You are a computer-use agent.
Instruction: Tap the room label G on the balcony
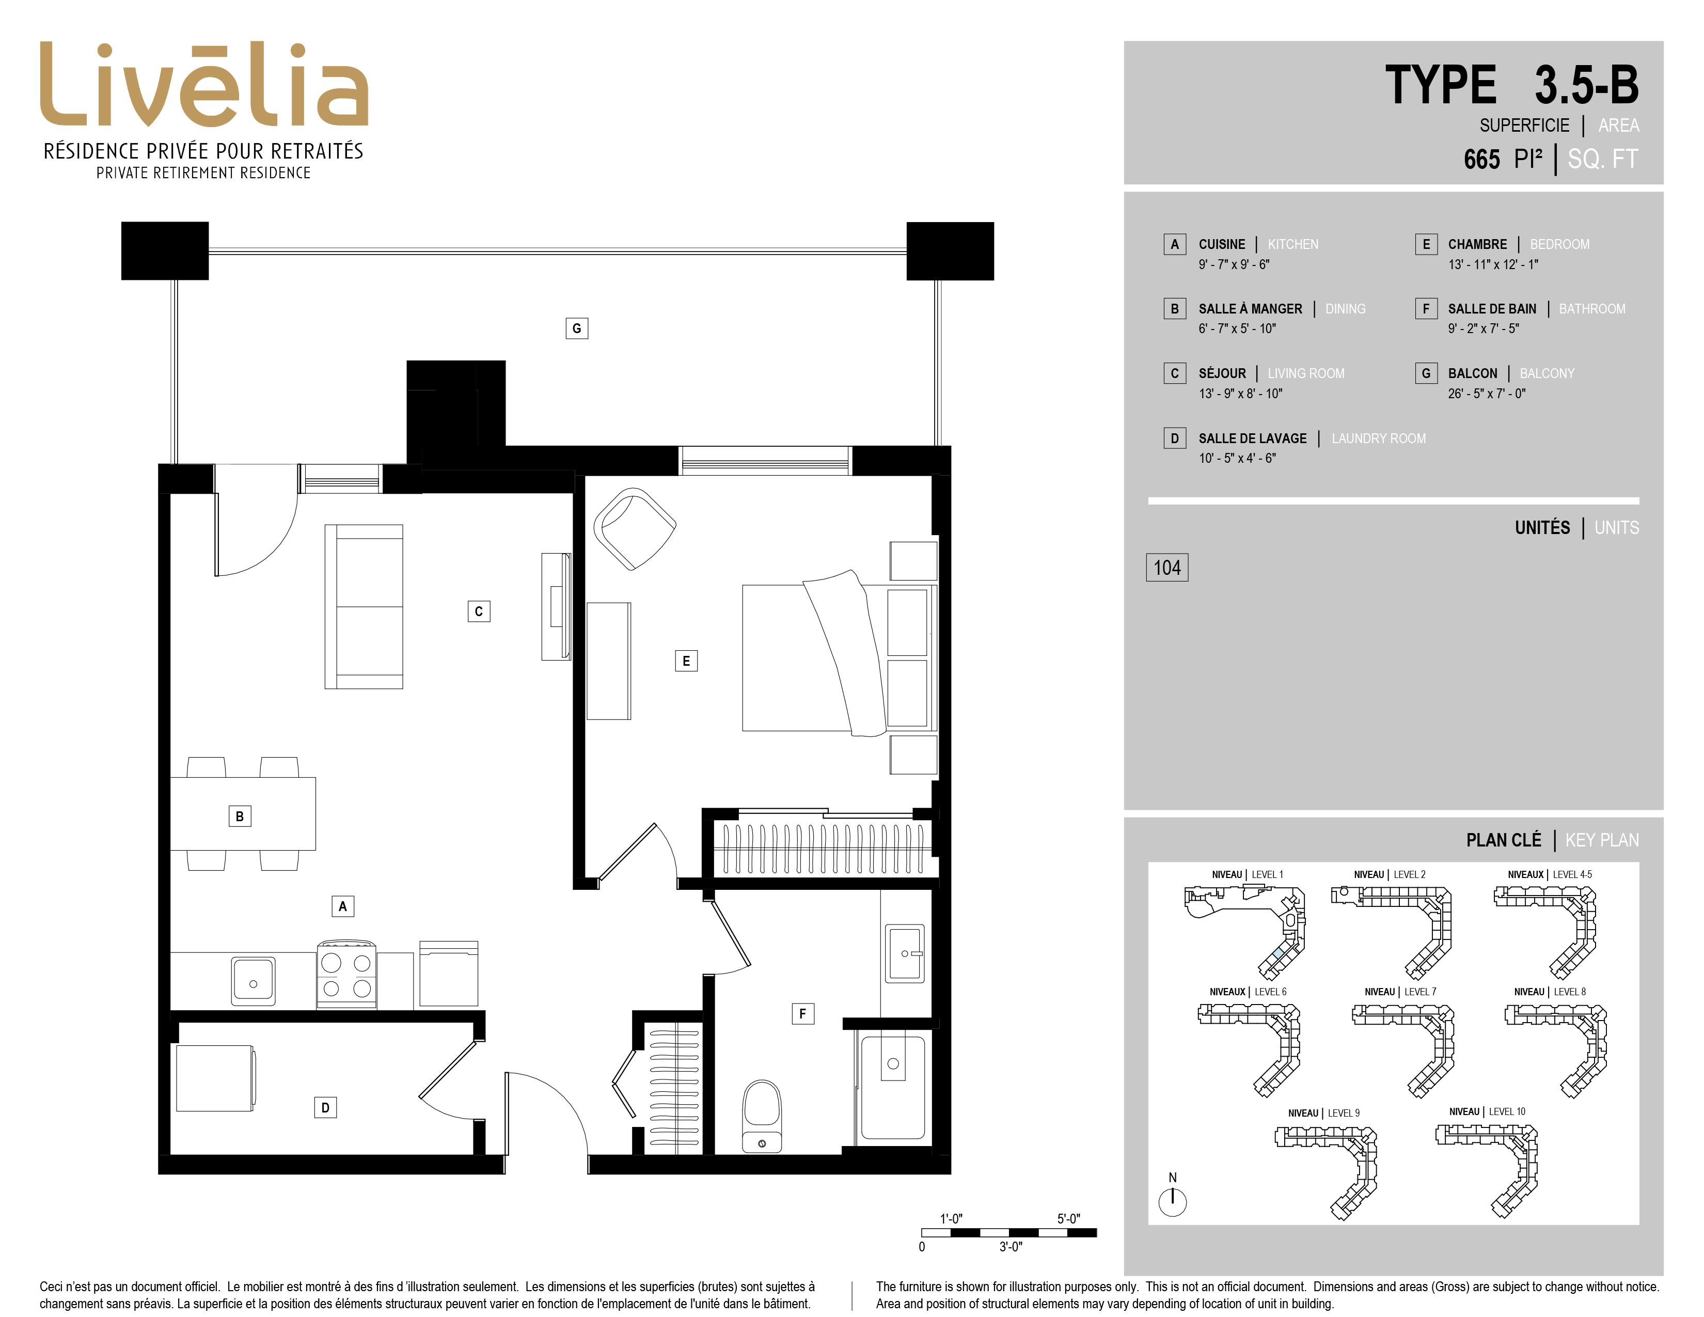[x=577, y=328]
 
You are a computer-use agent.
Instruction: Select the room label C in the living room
[x=479, y=612]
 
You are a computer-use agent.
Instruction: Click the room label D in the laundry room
[x=325, y=1107]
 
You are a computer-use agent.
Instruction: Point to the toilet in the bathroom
[x=762, y=1116]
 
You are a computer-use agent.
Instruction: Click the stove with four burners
[x=346, y=975]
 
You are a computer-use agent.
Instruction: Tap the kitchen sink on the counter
[x=254, y=981]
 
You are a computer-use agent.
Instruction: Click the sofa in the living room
[x=364, y=607]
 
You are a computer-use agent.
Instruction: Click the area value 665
[x=1481, y=159]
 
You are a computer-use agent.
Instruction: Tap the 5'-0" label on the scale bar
[x=1069, y=1219]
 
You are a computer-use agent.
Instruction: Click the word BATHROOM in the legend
[x=1592, y=309]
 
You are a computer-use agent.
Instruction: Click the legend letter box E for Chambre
[x=1426, y=244]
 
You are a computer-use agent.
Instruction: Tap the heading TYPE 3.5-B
[x=1512, y=85]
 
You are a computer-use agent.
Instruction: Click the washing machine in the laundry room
[x=215, y=1078]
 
